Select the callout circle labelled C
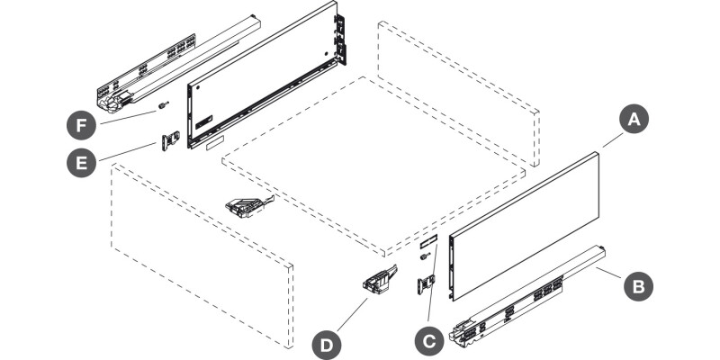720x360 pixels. pos(428,340)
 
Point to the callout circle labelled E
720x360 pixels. pos(81,163)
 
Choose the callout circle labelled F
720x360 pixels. pos(81,121)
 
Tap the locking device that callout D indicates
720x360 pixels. pos(378,280)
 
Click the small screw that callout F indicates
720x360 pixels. pos(163,105)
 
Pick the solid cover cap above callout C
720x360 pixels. pos(427,241)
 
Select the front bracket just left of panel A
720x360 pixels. pos(425,285)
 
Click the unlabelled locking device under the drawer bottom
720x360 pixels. pos(245,208)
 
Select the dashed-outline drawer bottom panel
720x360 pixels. pos(373,162)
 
